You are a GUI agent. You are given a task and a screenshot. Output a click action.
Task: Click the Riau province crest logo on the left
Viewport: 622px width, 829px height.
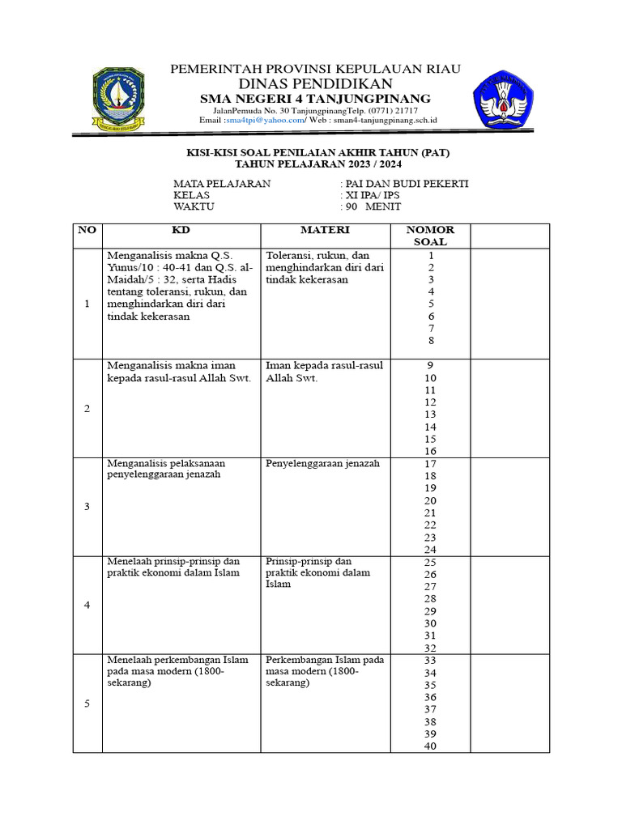[x=118, y=100]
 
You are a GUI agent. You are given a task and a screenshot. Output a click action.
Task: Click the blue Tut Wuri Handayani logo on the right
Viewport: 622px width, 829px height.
[x=504, y=99]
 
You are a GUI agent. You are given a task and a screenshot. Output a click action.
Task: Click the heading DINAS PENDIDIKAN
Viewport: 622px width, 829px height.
[x=315, y=84]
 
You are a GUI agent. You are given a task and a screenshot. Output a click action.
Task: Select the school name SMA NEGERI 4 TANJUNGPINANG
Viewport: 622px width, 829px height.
[x=315, y=98]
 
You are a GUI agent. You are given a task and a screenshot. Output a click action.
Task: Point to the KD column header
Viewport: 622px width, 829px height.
[x=180, y=230]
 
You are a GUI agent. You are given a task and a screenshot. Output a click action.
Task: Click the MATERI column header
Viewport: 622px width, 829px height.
[x=324, y=230]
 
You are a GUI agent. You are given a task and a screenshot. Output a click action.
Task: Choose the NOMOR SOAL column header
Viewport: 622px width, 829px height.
[x=430, y=236]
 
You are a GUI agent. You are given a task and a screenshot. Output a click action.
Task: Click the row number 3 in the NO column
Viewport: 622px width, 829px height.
[x=87, y=507]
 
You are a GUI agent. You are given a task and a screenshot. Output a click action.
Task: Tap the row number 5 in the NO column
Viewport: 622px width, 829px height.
[x=87, y=704]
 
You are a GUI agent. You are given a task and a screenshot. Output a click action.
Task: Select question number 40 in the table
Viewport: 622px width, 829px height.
[x=430, y=746]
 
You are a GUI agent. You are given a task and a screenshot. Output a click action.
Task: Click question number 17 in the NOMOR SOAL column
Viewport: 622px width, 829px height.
[x=430, y=464]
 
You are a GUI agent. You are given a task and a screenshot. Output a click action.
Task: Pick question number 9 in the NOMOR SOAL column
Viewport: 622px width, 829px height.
[x=430, y=365]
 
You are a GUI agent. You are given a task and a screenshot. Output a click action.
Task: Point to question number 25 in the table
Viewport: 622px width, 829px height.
[x=430, y=562]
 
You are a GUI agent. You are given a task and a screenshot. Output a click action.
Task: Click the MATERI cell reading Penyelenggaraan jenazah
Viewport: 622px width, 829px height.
[x=322, y=464]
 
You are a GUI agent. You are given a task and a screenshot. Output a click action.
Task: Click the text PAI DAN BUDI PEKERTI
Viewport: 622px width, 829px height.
[x=407, y=184]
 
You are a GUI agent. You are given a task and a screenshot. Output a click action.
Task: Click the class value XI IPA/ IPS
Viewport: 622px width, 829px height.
[x=373, y=195]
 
